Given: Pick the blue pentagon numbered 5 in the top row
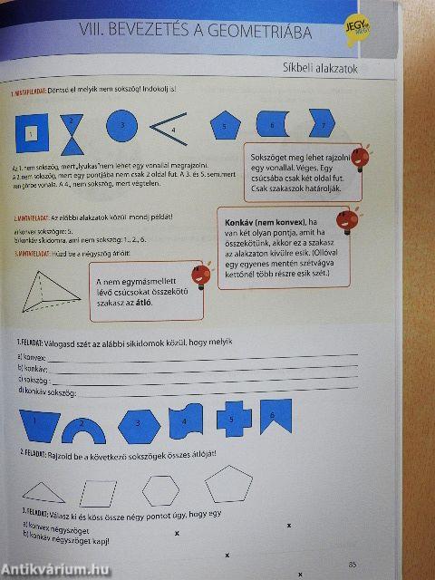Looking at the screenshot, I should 226,125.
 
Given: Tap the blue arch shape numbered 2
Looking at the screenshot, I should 89,425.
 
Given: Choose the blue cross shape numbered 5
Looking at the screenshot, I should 233,418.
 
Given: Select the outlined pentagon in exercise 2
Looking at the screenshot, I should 227,484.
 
